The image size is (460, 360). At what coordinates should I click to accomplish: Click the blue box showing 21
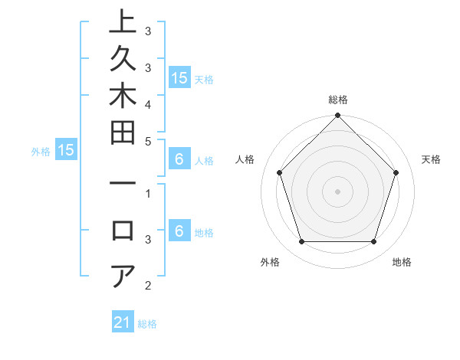pyautogui.click(x=123, y=322)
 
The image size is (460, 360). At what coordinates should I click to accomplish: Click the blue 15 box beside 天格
pyautogui.click(x=179, y=77)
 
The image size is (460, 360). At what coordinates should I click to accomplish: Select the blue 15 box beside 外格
pyautogui.click(x=66, y=151)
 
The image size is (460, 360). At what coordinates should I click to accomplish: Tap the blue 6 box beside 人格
pyautogui.click(x=179, y=160)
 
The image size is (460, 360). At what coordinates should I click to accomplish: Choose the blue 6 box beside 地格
pyautogui.click(x=179, y=232)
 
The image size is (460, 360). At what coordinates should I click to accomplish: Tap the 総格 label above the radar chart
pyautogui.click(x=338, y=100)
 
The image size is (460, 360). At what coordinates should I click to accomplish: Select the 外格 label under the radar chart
pyautogui.click(x=270, y=262)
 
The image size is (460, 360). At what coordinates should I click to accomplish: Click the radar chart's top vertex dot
pyautogui.click(x=338, y=117)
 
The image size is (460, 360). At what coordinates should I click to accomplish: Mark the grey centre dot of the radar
pyautogui.click(x=338, y=191)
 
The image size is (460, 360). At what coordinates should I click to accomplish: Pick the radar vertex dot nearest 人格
pyautogui.click(x=280, y=172)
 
